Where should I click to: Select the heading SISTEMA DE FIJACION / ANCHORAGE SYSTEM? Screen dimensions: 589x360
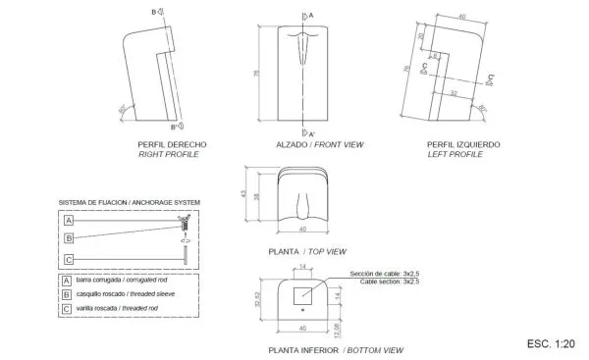point(129,202)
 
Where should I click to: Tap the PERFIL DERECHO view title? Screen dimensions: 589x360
point(172,145)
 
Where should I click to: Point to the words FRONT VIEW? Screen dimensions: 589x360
point(340,145)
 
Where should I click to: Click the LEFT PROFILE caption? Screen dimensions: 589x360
point(456,154)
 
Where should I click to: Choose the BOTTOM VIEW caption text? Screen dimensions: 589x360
point(373,350)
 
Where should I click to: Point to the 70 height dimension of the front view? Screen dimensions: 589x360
point(257,74)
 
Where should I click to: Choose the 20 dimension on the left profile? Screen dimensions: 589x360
point(419,36)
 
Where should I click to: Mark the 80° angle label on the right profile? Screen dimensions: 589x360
point(121,108)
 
